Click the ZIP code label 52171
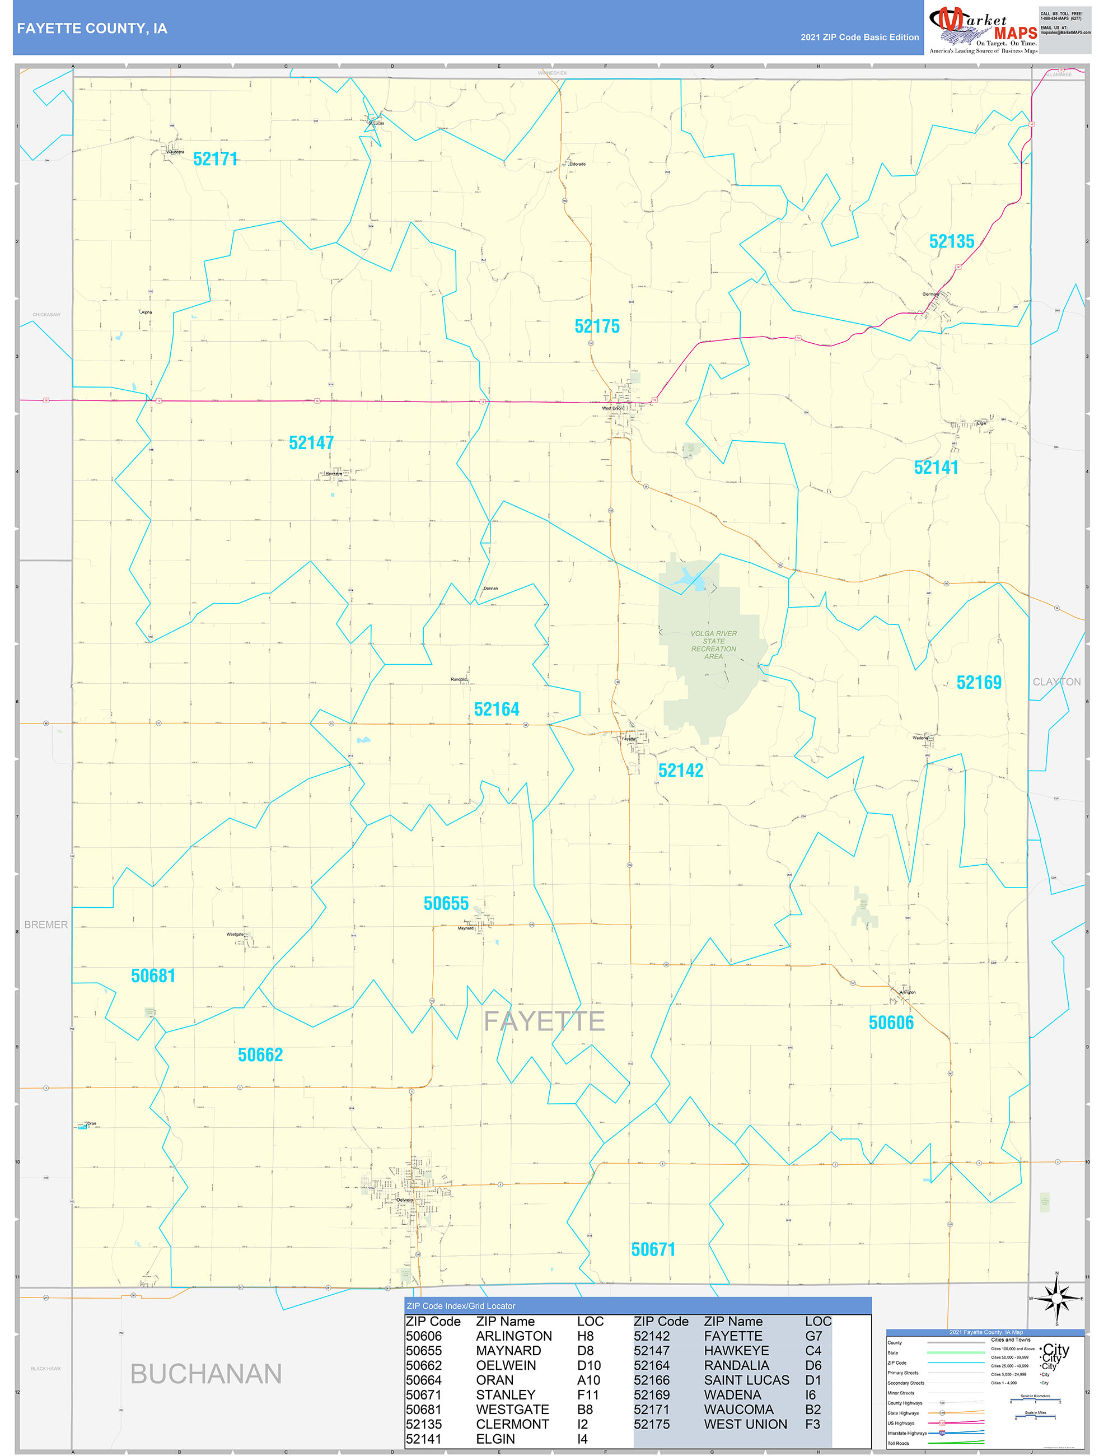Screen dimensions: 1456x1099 (x=215, y=159)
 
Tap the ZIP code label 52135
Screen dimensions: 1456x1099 (x=951, y=241)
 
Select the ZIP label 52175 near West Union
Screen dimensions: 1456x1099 (x=597, y=326)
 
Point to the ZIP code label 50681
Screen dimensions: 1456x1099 (x=153, y=976)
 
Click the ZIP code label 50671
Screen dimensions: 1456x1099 (x=653, y=1250)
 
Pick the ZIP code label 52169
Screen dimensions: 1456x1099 (x=979, y=683)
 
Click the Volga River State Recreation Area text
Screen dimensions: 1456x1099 (x=713, y=645)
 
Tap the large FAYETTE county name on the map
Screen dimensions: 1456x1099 (x=544, y=1021)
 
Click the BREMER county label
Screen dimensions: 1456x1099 (x=46, y=925)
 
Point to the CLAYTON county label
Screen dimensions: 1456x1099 (x=1056, y=682)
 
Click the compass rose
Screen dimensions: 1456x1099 (x=1056, y=1299)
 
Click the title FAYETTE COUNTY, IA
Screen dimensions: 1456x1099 (x=92, y=29)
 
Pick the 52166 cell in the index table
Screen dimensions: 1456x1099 (x=652, y=1380)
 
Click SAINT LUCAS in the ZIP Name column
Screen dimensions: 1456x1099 (x=746, y=1380)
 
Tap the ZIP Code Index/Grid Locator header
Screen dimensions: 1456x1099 (x=461, y=1306)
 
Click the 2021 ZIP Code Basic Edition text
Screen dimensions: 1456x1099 (x=859, y=38)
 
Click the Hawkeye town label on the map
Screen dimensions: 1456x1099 (x=334, y=473)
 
